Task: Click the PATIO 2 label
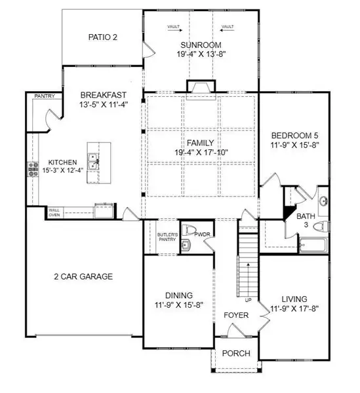(102, 37)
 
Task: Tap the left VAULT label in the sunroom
(174, 27)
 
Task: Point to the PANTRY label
(45, 96)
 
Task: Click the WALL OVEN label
(54, 212)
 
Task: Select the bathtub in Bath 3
(313, 247)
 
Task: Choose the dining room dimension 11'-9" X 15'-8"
(178, 305)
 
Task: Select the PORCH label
(236, 354)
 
